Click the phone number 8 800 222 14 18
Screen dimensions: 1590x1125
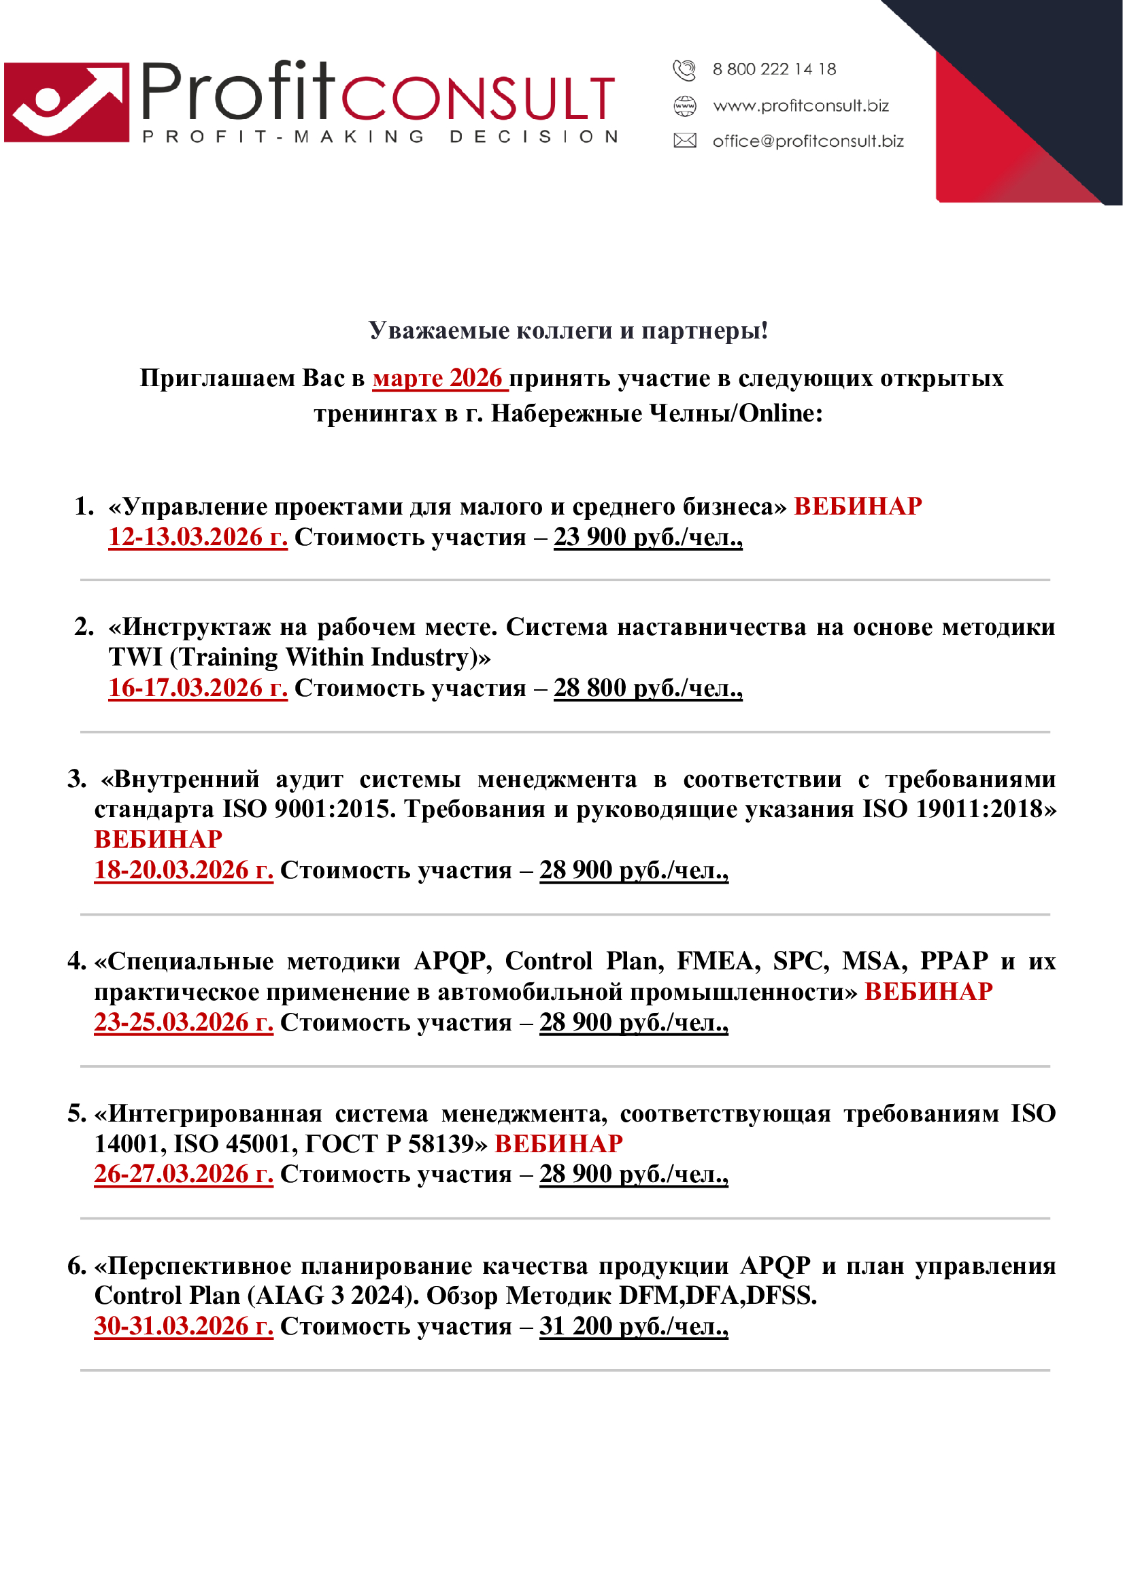point(774,69)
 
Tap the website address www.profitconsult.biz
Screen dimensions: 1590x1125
point(801,106)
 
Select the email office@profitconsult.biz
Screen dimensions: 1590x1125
point(808,141)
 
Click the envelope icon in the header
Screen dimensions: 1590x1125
point(684,141)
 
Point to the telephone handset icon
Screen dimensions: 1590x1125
point(684,70)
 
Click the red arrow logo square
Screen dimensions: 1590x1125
point(67,103)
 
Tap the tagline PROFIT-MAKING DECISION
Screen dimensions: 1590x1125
point(380,137)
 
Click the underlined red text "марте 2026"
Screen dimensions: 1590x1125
point(439,378)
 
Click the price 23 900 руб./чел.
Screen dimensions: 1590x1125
point(648,537)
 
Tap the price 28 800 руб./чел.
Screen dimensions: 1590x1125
point(648,688)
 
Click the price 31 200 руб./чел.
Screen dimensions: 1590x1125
point(634,1326)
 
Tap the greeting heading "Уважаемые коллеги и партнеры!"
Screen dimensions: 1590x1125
point(568,330)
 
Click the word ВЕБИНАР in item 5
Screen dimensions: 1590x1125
point(558,1143)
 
